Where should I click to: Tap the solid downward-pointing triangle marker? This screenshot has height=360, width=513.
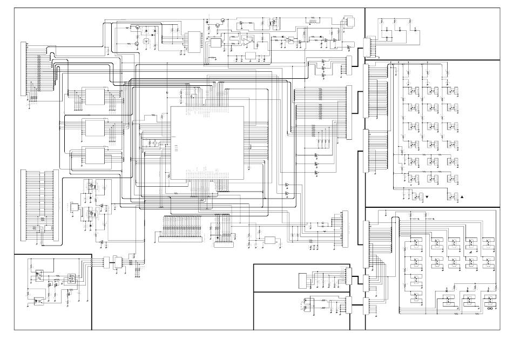[427, 197]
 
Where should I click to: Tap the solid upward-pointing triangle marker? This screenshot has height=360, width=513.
[463, 196]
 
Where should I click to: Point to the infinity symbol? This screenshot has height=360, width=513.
[490, 309]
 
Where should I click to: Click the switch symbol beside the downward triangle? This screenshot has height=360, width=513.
[416, 195]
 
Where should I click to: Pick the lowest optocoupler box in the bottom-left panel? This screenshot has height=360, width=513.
[39, 301]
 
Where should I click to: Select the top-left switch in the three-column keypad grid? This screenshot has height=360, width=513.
[414, 92]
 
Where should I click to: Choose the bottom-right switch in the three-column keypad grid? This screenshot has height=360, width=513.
[453, 178]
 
